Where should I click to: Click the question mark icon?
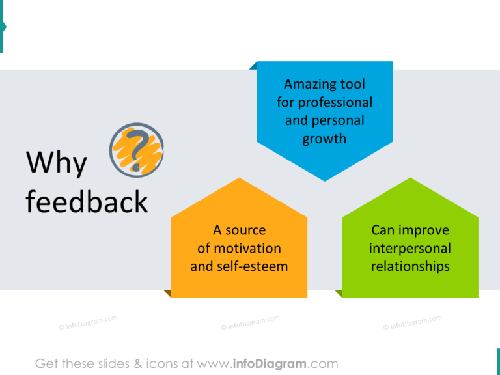point(136,150)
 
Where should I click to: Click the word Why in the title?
point(56,163)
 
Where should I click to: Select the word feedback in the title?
point(87,202)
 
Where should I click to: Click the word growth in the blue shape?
point(324,139)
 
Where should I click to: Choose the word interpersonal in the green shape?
point(410,248)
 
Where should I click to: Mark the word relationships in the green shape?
point(410,266)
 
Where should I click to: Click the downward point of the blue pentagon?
point(325,179)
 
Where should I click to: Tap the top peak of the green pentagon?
point(410,179)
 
